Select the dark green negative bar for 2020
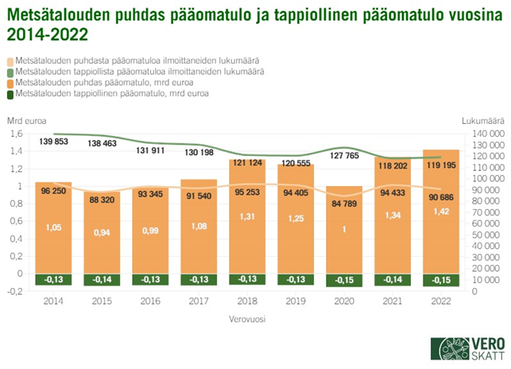pyautogui.click(x=344, y=280)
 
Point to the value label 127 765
pyautogui.click(x=344, y=156)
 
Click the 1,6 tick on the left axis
pyautogui.click(x=19, y=134)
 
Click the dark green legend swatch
pyautogui.click(x=10, y=94)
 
